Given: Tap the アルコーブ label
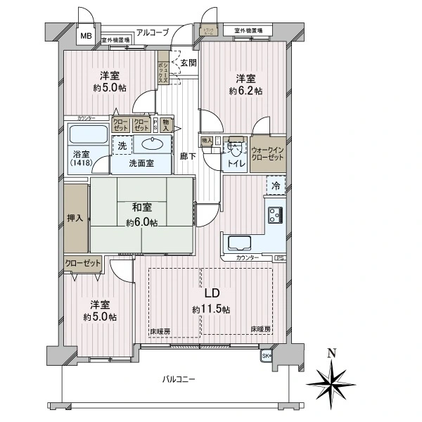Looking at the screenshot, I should (153, 32).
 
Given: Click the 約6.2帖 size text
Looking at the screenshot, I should (245, 91).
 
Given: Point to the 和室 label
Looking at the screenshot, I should (143, 207).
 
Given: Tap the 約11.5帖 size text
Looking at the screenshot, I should (211, 309).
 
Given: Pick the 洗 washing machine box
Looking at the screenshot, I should (121, 146).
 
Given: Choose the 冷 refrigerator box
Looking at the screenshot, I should (276, 186).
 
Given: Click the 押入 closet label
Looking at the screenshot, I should (75, 217).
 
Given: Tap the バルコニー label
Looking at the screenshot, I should (179, 379).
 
